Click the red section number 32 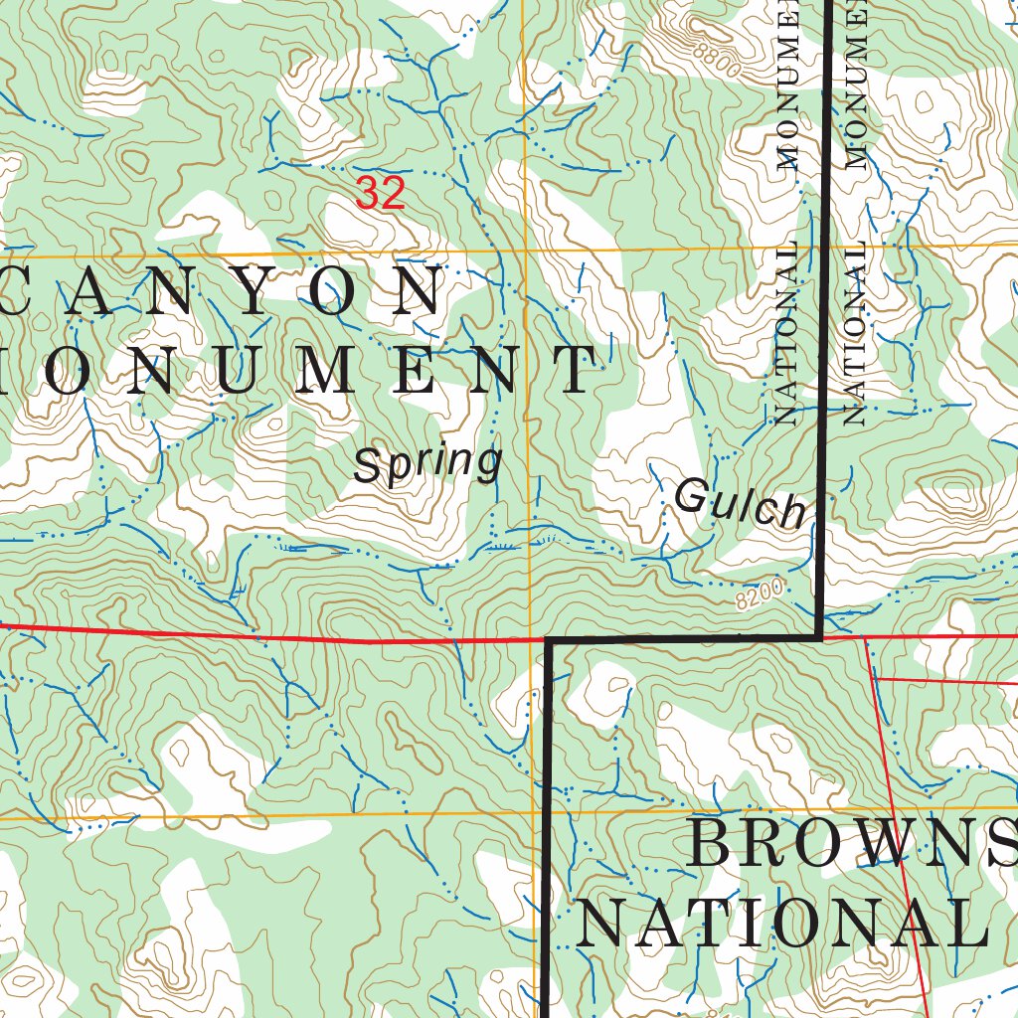pyautogui.click(x=381, y=193)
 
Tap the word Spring pyautogui.click(x=427, y=464)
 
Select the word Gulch pyautogui.click(x=740, y=503)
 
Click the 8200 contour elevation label pyautogui.click(x=762, y=597)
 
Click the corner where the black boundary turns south pyautogui.click(x=548, y=640)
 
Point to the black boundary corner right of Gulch pyautogui.click(x=819, y=637)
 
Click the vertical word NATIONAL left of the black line pyautogui.click(x=786, y=334)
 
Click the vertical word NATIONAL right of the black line pyautogui.click(x=855, y=334)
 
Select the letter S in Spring pyautogui.click(x=368, y=465)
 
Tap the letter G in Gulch pyautogui.click(x=689, y=496)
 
